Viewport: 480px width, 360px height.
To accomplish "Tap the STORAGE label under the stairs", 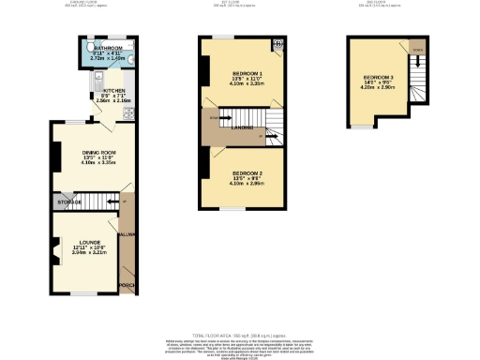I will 67,202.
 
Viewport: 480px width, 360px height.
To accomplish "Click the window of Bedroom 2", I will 233,209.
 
